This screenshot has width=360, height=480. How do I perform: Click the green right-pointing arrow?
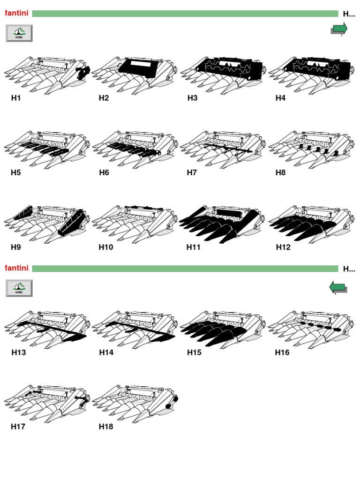pyautogui.click(x=339, y=30)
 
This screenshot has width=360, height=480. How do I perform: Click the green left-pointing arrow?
pyautogui.click(x=338, y=288)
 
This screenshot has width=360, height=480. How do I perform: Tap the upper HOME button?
pyautogui.click(x=19, y=33)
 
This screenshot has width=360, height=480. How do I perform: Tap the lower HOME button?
pyautogui.click(x=19, y=288)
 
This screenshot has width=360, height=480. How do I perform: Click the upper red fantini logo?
pyautogui.click(x=16, y=13)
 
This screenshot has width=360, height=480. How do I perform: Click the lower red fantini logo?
pyautogui.click(x=16, y=268)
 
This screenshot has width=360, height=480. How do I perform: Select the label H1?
pyautogui.click(x=15, y=98)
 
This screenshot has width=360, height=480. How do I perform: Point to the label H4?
pyautogui.click(x=280, y=98)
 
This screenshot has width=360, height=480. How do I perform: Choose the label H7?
pyautogui.click(x=192, y=172)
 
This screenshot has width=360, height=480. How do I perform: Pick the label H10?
pyautogui.click(x=106, y=247)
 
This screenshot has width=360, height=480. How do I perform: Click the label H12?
pyautogui.click(x=283, y=247)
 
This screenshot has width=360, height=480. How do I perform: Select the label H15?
pyautogui.click(x=194, y=352)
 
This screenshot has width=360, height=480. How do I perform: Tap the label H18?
pyautogui.click(x=106, y=427)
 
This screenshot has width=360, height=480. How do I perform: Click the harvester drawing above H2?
pyautogui.click(x=135, y=75)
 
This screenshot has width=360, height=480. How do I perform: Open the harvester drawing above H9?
pyautogui.click(x=47, y=224)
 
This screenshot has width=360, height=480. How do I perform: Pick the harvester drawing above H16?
pyautogui.click(x=311, y=330)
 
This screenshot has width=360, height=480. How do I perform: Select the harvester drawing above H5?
pyautogui.click(x=47, y=150)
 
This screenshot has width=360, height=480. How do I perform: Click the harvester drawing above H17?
pyautogui.click(x=47, y=404)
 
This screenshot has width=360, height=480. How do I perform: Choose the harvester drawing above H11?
pyautogui.click(x=223, y=224)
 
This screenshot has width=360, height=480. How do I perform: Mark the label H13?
pyautogui.click(x=19, y=352)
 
